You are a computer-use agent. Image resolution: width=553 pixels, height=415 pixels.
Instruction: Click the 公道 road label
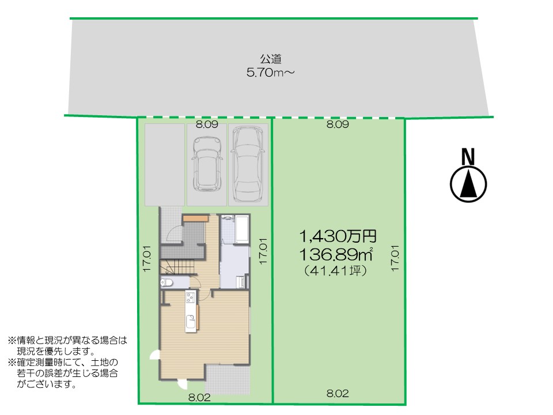point(271,59)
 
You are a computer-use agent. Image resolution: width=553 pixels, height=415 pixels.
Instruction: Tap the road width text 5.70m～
point(270,73)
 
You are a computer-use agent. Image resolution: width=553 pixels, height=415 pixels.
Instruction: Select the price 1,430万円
point(338,236)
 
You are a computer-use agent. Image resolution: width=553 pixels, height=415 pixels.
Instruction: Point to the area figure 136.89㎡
point(336,254)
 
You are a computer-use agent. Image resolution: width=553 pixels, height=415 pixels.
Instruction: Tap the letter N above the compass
point(468,157)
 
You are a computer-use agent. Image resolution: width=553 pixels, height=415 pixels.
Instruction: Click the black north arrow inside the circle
point(468,183)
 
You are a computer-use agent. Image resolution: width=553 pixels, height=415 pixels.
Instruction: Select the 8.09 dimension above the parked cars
point(207,124)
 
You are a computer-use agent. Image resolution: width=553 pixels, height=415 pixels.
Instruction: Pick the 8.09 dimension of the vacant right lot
point(338,124)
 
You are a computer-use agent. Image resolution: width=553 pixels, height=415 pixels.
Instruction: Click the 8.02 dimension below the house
point(199,397)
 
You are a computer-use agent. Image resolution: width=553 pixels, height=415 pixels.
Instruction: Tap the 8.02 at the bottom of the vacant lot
point(338,393)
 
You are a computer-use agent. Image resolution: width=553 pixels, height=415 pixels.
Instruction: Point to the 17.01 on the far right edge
point(395,258)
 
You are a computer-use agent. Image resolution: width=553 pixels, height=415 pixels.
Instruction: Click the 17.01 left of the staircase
point(147,259)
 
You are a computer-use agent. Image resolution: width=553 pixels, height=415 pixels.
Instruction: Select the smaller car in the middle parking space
point(207,164)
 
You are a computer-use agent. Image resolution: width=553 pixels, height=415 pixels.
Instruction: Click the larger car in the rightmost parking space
point(248,164)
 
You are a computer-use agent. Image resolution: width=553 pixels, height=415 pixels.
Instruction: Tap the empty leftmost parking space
point(165,164)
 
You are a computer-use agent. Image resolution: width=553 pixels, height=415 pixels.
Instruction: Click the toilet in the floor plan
point(166,282)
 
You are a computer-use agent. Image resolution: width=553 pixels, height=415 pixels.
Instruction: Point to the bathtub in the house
point(243,229)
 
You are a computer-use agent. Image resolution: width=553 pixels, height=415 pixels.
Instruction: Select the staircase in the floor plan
point(177,267)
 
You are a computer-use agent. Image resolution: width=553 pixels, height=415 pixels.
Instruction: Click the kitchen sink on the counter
point(191,322)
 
